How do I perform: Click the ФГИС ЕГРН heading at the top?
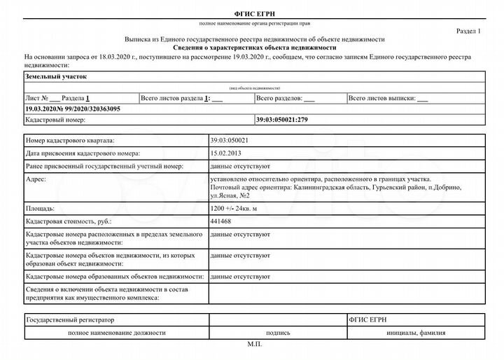pyautogui.click(x=252, y=15)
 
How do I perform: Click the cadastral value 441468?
pyautogui.click(x=220, y=221)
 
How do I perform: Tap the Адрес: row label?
pyautogui.click(x=35, y=180)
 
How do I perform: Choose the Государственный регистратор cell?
pyautogui.click(x=69, y=319)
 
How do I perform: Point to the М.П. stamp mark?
pyautogui.click(x=253, y=345)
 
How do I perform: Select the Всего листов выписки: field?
pyautogui.click(x=388, y=99)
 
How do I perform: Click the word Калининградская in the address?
pyautogui.click(x=332, y=188)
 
